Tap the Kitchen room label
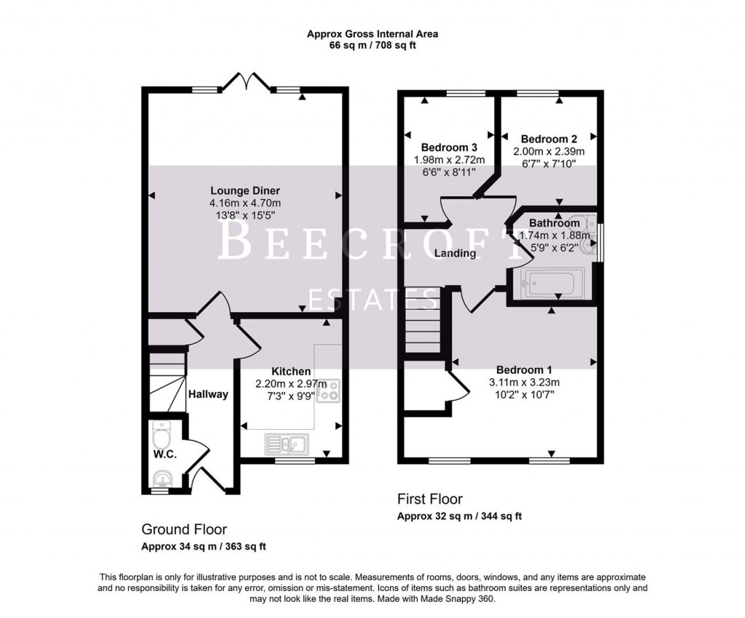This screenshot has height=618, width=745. click(x=291, y=372)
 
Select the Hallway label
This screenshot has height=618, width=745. click(x=208, y=394)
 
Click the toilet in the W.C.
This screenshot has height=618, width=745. click(x=161, y=437)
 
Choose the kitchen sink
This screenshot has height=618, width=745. click(x=287, y=443)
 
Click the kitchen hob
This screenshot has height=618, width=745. click(x=330, y=390)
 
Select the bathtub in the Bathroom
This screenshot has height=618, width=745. click(x=553, y=282)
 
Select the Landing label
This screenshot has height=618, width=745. click(x=455, y=254)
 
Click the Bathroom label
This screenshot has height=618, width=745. click(x=554, y=223)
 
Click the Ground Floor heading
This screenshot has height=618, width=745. click(x=184, y=529)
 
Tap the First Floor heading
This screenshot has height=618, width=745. click(x=430, y=499)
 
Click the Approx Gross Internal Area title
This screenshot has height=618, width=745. click(x=372, y=33)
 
